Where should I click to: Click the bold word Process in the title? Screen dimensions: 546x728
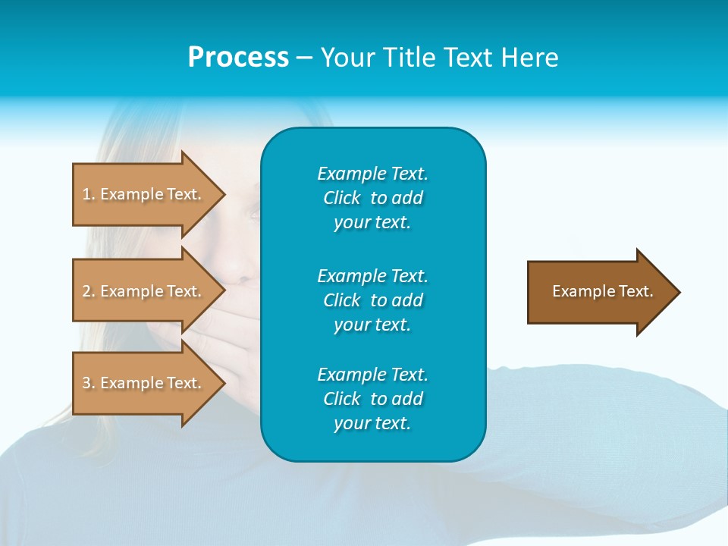(238, 58)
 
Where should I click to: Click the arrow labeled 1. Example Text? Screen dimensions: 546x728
(144, 194)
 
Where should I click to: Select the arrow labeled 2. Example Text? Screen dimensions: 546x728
(144, 291)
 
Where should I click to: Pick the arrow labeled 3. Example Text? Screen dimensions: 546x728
(144, 383)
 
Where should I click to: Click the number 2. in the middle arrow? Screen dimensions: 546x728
(89, 291)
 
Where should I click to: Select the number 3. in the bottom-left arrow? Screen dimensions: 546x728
(89, 383)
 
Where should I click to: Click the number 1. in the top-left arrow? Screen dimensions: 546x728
(89, 194)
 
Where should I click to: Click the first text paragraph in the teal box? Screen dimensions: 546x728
(372, 198)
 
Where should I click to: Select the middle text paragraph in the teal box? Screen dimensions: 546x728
(372, 300)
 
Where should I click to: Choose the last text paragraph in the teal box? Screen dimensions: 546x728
(372, 399)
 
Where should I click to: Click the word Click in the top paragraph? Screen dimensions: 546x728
(342, 198)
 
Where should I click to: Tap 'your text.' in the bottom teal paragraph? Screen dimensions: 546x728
(372, 423)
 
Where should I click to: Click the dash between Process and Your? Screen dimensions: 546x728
(304, 58)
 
